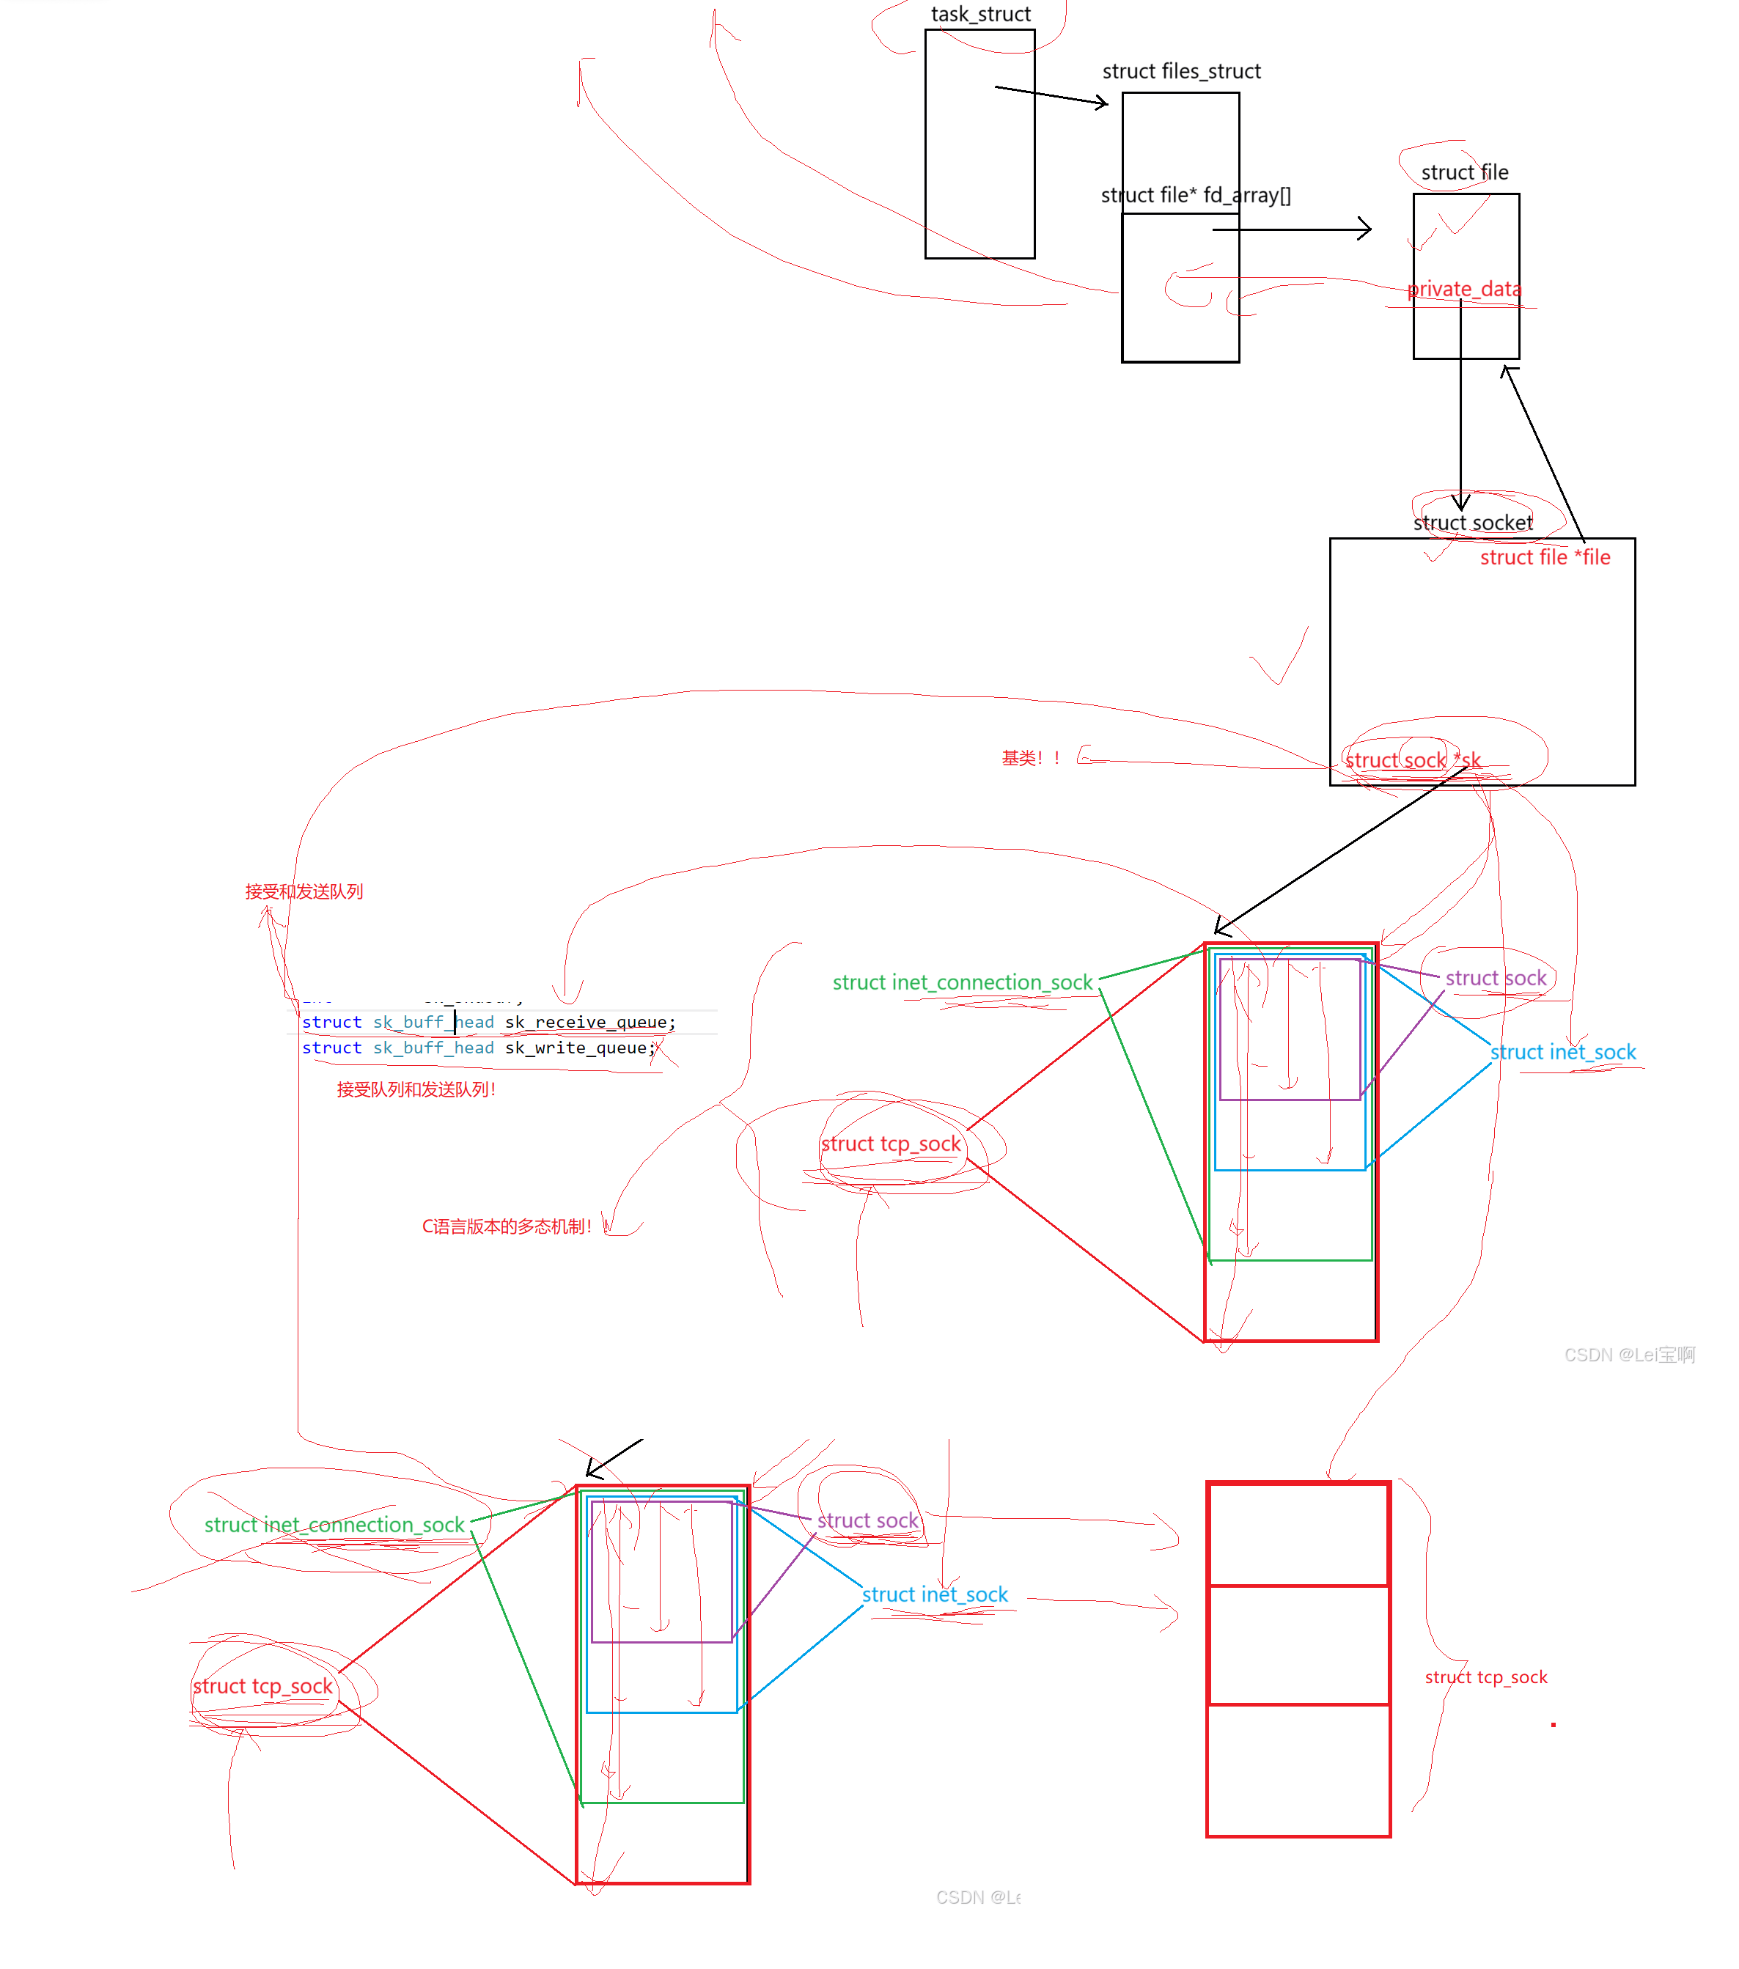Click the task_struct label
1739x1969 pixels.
point(979,15)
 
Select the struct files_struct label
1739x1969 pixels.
point(1181,71)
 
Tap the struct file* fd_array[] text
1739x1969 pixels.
point(1196,196)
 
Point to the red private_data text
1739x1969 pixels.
point(1463,289)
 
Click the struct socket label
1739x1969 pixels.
point(1472,523)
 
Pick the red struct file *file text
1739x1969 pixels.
point(1545,558)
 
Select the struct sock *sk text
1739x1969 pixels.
point(1413,760)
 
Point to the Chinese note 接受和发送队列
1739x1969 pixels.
point(304,892)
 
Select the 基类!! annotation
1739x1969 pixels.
point(1030,758)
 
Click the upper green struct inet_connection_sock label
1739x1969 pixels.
point(961,982)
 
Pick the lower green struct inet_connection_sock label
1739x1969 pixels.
point(334,1525)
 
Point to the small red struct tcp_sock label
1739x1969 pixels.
point(1485,1677)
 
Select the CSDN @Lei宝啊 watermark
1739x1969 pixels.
point(1628,1355)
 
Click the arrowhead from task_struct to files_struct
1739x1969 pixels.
point(1102,102)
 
